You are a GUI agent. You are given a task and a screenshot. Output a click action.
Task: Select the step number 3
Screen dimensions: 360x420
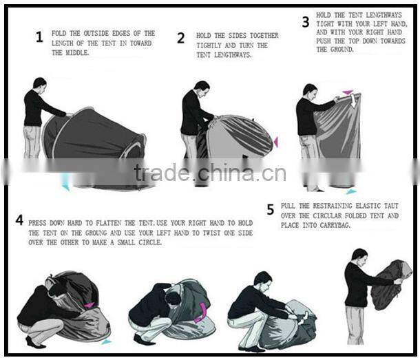(305, 22)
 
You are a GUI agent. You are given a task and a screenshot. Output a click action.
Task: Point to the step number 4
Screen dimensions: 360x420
(19, 221)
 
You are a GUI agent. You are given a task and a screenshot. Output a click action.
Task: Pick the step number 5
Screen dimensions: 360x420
(270, 209)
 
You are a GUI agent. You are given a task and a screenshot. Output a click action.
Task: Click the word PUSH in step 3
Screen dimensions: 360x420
(326, 41)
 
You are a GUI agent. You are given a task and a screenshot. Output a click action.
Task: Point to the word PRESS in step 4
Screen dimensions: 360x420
(41, 224)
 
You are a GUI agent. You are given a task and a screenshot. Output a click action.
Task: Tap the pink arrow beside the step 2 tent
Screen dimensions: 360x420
(276, 142)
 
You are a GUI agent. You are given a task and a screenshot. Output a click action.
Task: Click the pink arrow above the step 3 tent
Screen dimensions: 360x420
(348, 92)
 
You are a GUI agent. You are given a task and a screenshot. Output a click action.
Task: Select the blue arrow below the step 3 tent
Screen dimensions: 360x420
(351, 191)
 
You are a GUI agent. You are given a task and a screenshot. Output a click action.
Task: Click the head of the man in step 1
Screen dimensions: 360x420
(39, 83)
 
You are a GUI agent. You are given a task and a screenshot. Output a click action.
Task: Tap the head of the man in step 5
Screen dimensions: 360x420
(359, 255)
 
